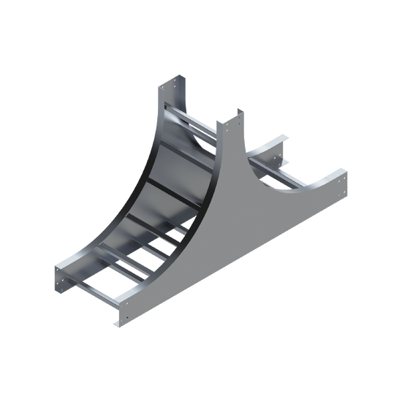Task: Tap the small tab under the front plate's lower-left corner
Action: coord(115,322)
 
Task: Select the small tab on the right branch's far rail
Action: coord(287,160)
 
